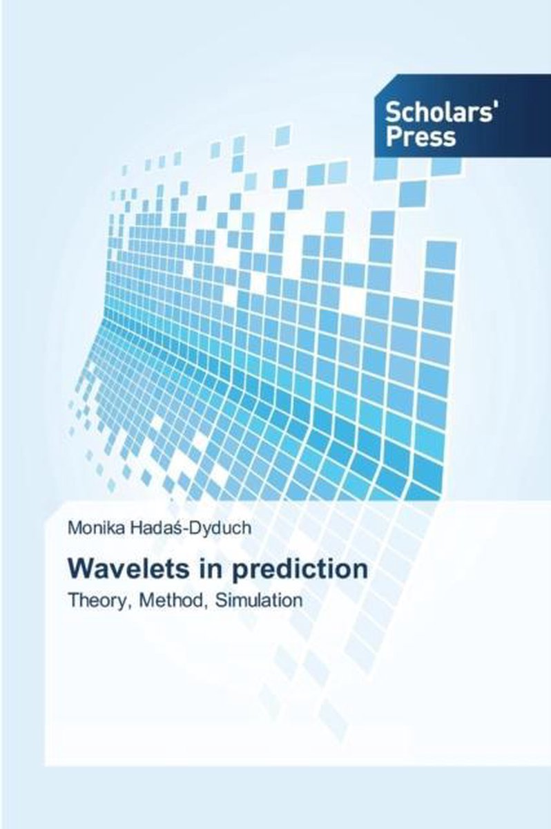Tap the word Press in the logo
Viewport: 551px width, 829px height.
(x=420, y=137)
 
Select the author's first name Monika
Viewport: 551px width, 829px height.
(x=97, y=528)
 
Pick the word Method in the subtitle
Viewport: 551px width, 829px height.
(x=170, y=600)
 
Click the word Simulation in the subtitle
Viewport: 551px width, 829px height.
(x=259, y=600)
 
